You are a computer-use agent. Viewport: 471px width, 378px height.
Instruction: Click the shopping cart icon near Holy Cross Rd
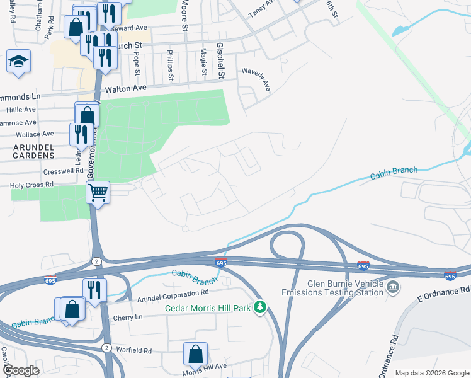[x=98, y=192]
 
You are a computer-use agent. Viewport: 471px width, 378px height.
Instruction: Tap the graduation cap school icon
[x=18, y=62]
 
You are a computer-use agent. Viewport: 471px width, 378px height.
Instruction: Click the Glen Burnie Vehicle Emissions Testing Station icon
[x=393, y=288]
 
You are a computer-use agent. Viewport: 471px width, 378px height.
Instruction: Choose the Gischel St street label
[x=221, y=60]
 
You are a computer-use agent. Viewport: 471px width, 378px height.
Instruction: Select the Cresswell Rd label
[x=64, y=171]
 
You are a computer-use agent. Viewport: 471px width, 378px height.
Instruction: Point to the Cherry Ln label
[x=128, y=317]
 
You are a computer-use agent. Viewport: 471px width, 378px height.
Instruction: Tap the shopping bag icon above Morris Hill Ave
[x=195, y=353]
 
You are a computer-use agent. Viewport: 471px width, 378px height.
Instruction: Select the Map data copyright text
[x=431, y=373]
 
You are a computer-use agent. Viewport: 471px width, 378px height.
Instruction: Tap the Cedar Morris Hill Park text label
[x=208, y=308]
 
